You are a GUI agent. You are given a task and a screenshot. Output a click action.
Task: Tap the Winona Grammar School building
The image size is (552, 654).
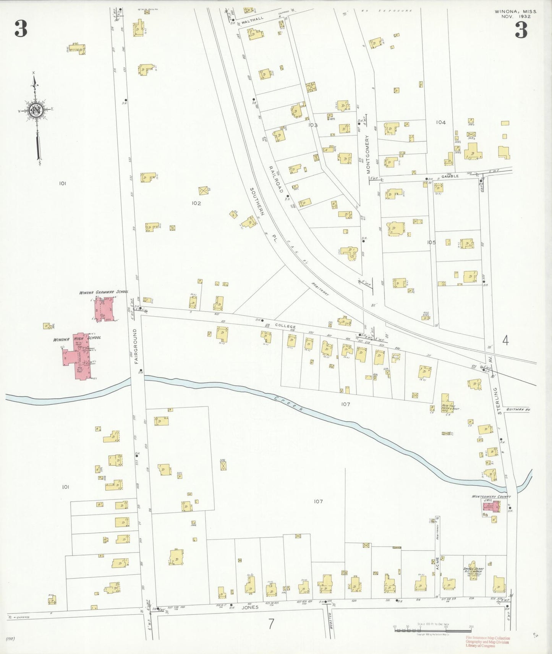(x=103, y=309)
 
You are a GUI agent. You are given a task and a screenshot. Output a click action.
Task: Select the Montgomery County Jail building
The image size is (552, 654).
(x=490, y=506)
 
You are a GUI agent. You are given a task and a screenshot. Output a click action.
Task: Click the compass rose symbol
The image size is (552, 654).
(x=36, y=111)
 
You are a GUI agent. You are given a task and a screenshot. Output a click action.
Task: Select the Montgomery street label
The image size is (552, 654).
(x=368, y=154)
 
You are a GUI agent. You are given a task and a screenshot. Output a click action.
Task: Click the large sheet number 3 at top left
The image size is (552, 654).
(x=21, y=29)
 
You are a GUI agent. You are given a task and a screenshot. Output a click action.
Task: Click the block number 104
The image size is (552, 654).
(x=440, y=122)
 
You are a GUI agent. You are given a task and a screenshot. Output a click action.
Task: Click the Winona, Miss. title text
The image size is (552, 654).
(x=515, y=12)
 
